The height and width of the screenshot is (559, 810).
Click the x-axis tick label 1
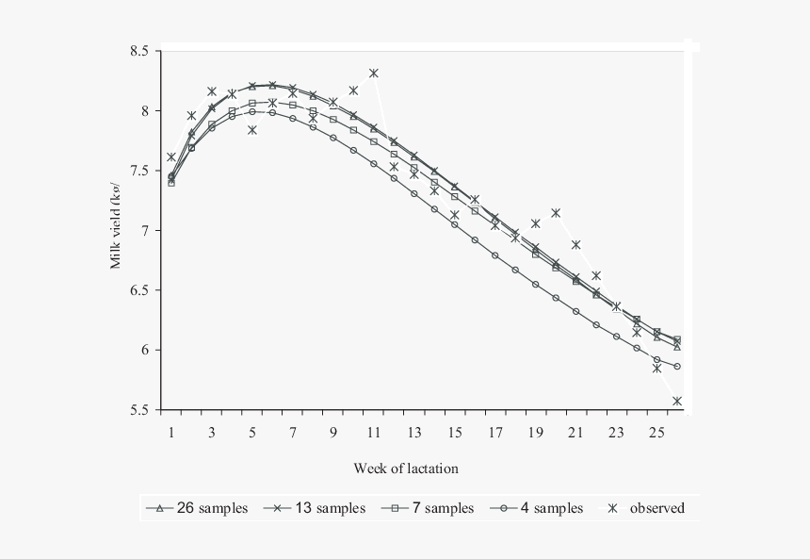coord(171,433)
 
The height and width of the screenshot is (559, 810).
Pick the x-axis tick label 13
coord(413,433)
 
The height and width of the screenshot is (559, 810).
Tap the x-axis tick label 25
coord(656,433)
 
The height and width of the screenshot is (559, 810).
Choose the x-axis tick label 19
coord(535,433)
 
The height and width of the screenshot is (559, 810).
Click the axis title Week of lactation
coord(407,468)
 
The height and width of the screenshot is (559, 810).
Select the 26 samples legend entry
coord(197,508)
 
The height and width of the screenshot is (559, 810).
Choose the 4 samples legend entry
coord(538,508)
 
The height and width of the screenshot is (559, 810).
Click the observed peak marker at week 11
coord(374,73)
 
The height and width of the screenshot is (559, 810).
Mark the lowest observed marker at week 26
coord(677,401)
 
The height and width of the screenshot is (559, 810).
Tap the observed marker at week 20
coord(556,213)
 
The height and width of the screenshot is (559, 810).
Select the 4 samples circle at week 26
coord(677,366)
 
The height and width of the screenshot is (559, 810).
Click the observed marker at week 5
coord(252,130)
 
